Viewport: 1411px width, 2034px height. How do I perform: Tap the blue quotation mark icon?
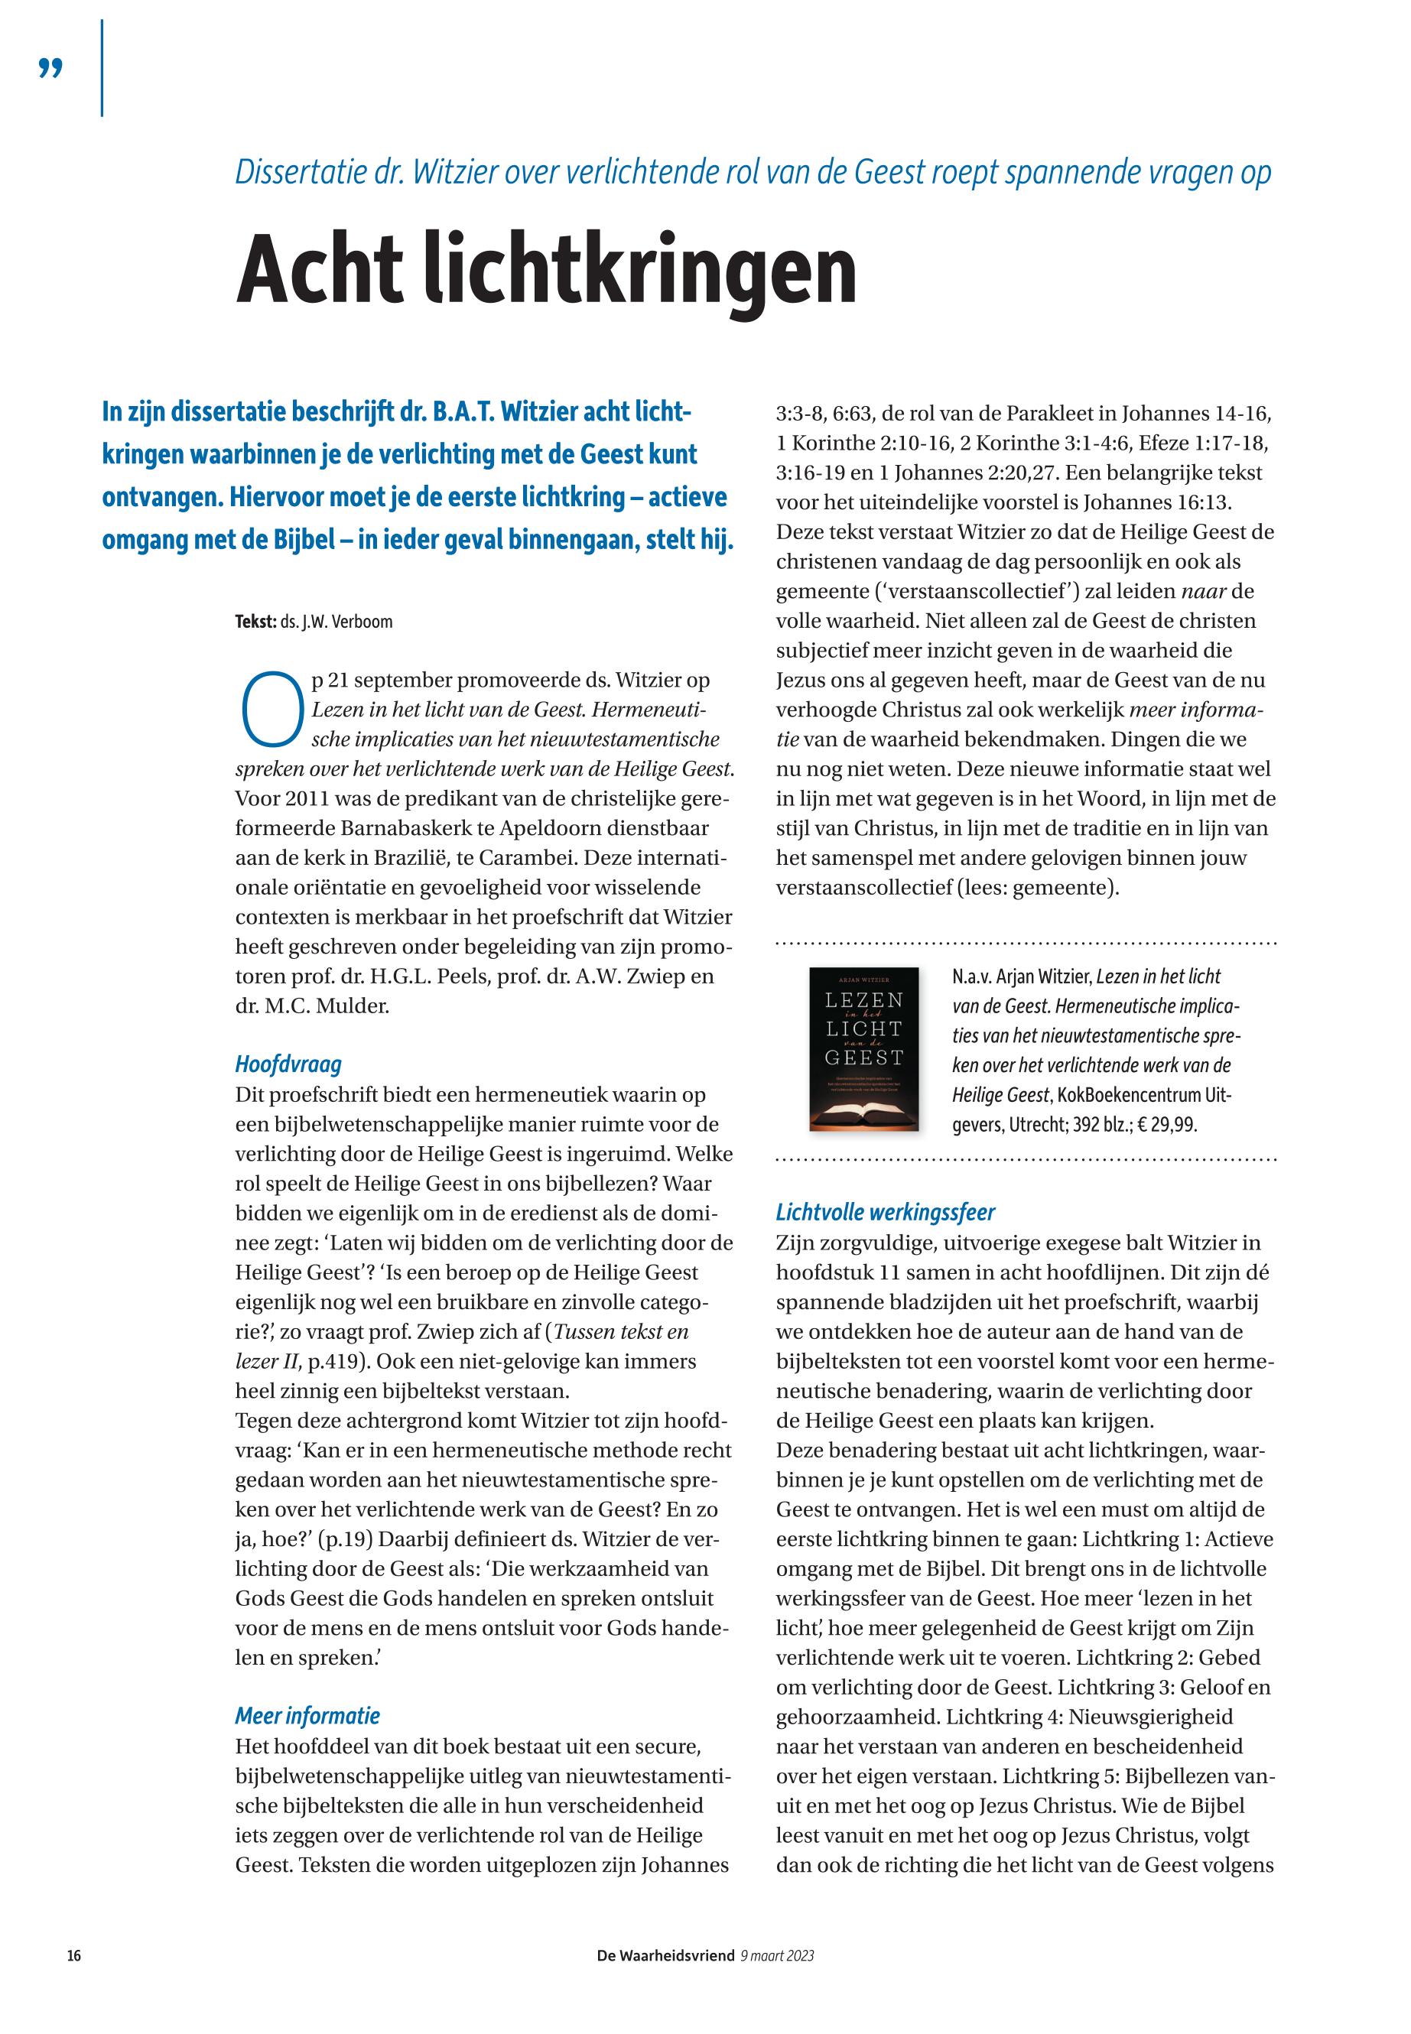tap(51, 69)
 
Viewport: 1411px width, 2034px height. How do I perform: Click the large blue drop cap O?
tap(268, 710)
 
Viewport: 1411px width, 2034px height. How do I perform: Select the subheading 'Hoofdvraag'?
tap(288, 1064)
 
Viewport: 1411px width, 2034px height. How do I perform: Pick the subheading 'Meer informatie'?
tap(307, 1716)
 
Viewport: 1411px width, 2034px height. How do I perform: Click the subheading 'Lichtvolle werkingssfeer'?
tap(886, 1212)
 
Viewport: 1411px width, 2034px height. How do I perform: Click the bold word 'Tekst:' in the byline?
tap(255, 622)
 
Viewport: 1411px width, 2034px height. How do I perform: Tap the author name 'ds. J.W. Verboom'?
tap(336, 622)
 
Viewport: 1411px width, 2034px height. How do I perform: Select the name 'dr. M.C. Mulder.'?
tap(312, 1005)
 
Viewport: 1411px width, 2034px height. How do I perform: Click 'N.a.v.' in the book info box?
tap(971, 976)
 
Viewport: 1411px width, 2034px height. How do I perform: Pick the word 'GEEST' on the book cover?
tap(863, 1058)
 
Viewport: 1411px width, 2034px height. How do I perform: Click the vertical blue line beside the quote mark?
tap(102, 68)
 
